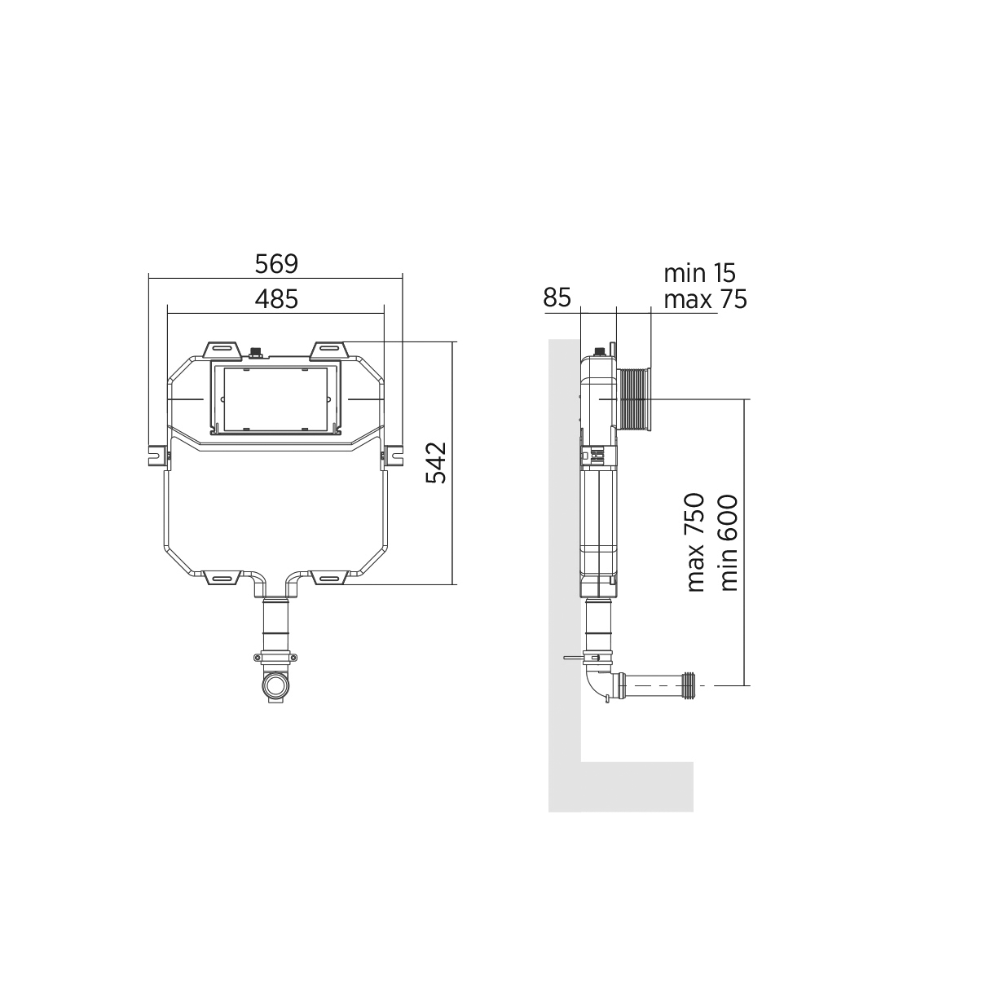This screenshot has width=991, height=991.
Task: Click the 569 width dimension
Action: coord(276,264)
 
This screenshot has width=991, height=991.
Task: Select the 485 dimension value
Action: coord(276,299)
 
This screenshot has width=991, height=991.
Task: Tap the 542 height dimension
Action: coord(436,462)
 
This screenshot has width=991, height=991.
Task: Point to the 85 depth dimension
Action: coord(557,297)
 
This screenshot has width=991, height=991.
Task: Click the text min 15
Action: coord(699,273)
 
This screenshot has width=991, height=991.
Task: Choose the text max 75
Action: coord(705,300)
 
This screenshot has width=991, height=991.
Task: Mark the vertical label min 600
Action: coord(729,543)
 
